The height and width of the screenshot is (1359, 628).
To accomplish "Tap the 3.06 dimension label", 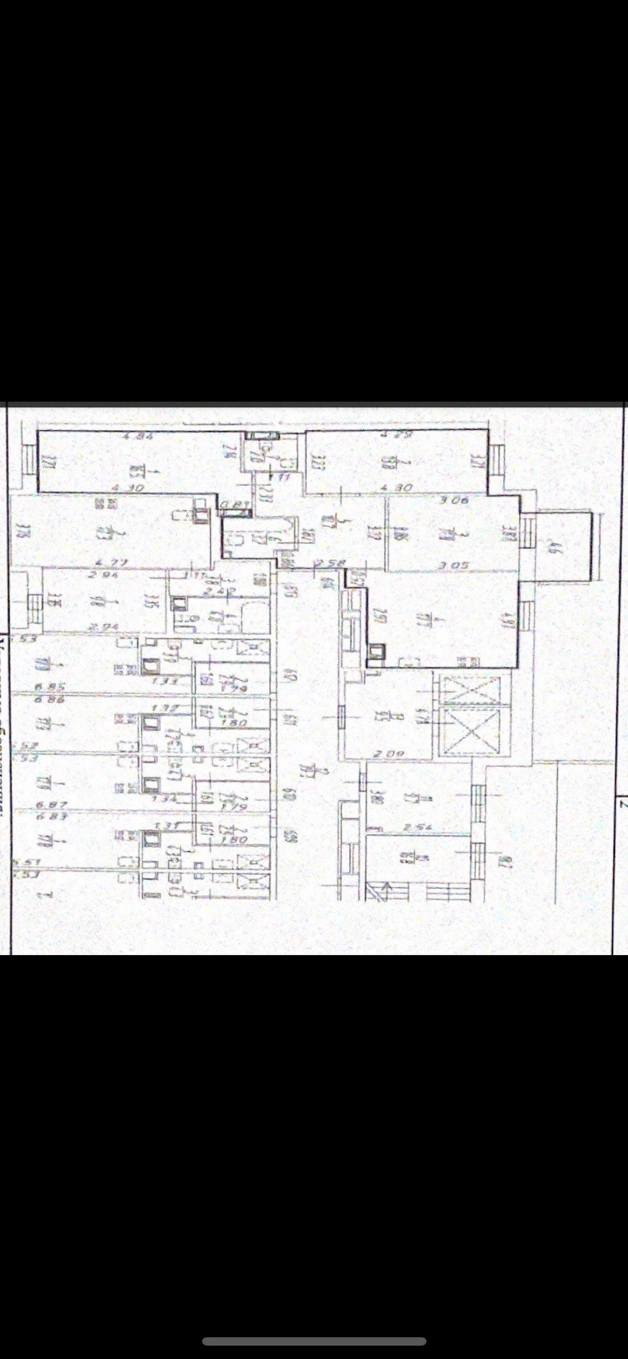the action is pos(455,499).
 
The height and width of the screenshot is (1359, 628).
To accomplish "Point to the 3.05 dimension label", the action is pos(455,565).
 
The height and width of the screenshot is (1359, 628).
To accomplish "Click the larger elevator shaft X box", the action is pos(471,732).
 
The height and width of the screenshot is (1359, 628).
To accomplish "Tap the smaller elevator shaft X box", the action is pos(471,690).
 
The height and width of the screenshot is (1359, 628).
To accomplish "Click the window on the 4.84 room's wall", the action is pos(29,460).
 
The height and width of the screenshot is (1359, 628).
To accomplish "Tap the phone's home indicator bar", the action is pos(314,1342).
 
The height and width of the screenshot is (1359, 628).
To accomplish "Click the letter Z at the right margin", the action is pos(622,805).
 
